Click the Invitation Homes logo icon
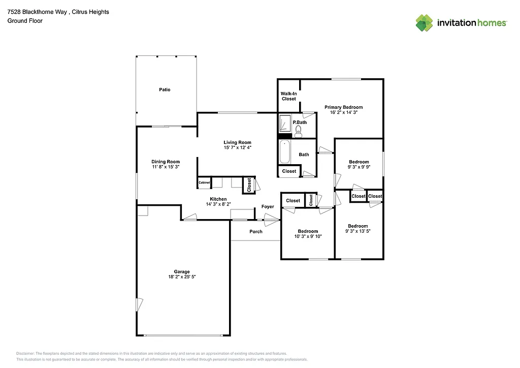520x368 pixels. click(424, 23)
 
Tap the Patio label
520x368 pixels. click(165, 89)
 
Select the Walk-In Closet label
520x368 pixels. click(288, 96)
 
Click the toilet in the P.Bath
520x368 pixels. click(298, 134)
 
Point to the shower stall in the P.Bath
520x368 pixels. click(285, 124)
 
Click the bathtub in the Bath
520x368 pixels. click(285, 152)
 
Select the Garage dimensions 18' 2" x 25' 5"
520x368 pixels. click(182, 277)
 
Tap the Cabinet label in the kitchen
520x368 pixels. click(204, 182)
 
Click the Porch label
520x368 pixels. click(256, 231)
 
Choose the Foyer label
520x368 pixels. click(268, 206)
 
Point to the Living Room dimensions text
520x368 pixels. click(238, 147)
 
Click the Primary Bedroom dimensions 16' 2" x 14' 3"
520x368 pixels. click(344, 112)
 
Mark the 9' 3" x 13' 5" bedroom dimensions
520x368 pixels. click(357, 231)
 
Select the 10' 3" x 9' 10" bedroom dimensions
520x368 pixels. click(308, 236)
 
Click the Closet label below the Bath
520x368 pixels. click(289, 171)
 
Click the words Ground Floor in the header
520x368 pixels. click(25, 21)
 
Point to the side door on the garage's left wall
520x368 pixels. click(139, 305)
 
